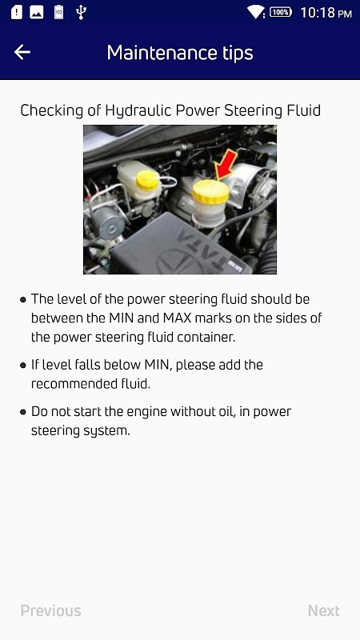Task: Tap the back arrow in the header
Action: [22, 52]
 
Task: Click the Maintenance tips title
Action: [180, 53]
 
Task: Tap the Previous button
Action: [50, 610]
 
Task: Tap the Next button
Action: [324, 610]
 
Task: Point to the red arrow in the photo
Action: [226, 165]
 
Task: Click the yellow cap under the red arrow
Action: [210, 191]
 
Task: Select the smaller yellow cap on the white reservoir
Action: [147, 181]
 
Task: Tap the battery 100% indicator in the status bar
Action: [281, 12]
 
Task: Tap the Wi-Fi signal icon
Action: [256, 12]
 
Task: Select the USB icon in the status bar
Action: [81, 12]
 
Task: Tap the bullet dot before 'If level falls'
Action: [23, 366]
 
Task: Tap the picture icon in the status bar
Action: [36, 12]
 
